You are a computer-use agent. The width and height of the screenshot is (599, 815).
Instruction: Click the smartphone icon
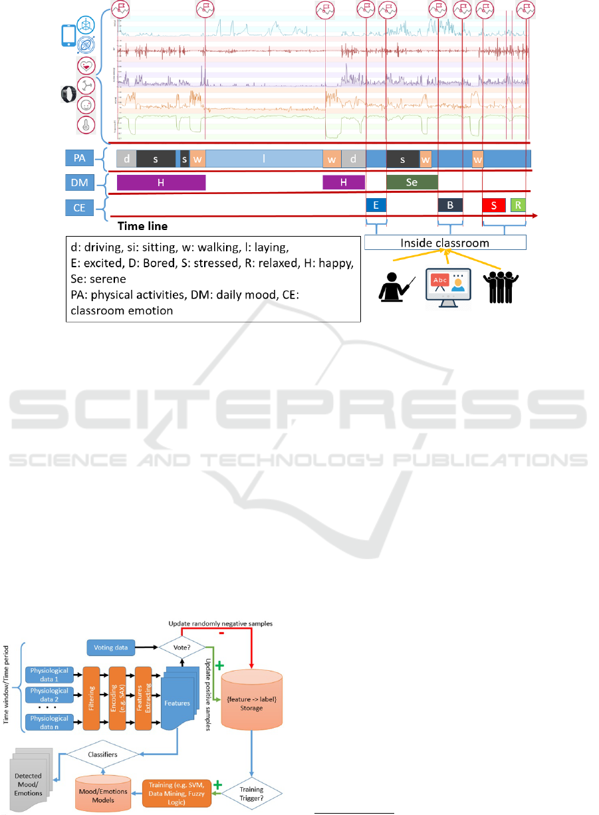coord(67,35)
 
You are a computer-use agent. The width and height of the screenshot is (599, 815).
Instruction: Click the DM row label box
coord(79,182)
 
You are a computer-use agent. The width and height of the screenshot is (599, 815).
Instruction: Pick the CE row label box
coord(79,207)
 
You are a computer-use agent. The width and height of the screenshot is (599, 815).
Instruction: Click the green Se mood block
coord(412,182)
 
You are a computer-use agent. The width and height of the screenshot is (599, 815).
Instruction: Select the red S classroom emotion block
coord(493,205)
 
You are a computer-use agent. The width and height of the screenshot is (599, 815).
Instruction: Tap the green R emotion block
coord(518,205)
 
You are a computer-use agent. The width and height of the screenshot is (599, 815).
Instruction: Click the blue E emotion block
coord(376,205)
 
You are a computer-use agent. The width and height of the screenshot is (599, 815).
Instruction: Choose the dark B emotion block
coord(450,205)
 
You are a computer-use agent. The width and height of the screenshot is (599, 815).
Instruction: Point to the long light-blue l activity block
coord(264,159)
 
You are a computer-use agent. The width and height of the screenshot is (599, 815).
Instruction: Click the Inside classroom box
coord(445,243)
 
